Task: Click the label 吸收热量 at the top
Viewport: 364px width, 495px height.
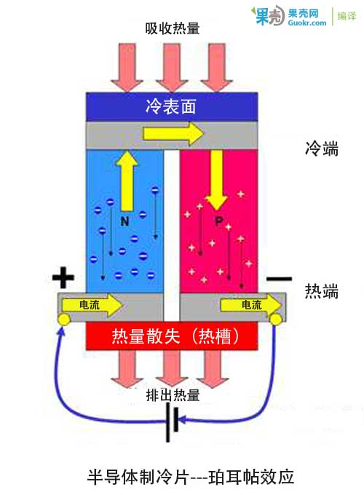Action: tap(173, 28)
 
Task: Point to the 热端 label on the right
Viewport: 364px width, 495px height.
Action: tap(321, 292)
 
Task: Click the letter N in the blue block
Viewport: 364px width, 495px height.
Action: tap(125, 219)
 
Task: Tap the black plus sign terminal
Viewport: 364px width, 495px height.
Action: tap(64, 278)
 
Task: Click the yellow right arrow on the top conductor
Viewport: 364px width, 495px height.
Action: tap(174, 133)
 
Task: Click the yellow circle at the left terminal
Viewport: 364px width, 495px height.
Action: tap(63, 320)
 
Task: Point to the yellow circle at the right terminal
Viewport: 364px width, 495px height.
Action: tap(276, 319)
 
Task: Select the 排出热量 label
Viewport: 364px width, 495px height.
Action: tap(173, 395)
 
